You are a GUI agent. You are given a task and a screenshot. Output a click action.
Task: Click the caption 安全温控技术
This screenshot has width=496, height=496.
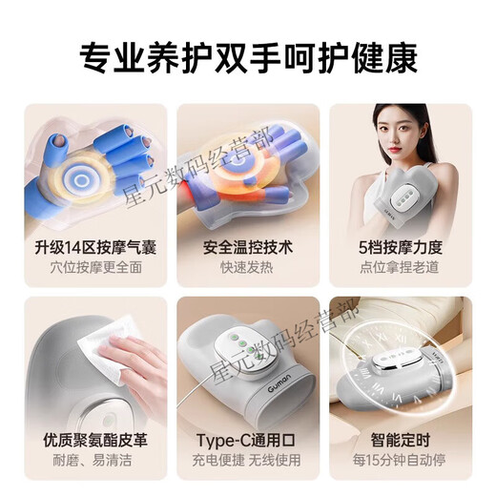248,247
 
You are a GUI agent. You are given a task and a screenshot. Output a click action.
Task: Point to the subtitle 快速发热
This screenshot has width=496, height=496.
248,268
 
